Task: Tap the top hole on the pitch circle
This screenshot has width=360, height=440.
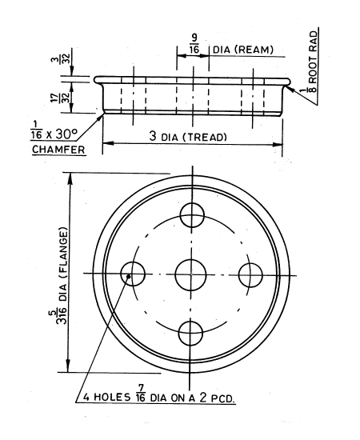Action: click(x=193, y=214)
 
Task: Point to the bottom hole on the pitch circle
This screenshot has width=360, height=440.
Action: click(x=192, y=332)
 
